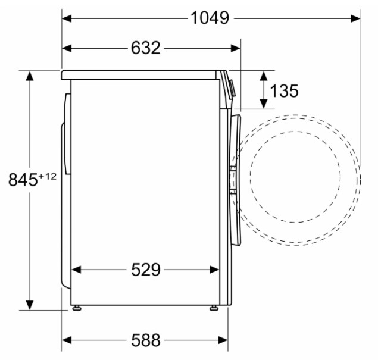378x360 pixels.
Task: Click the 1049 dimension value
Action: (210, 18)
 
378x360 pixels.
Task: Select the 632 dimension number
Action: (146, 48)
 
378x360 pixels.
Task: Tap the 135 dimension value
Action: (284, 91)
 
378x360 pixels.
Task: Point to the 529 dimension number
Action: (146, 270)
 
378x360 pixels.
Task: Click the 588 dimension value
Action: (146, 340)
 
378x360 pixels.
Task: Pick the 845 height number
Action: (23, 180)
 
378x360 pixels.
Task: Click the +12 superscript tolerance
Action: (48, 176)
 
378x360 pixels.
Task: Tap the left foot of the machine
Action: (77, 308)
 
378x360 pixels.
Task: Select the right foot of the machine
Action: (214, 308)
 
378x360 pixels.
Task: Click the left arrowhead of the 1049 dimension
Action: (67, 18)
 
